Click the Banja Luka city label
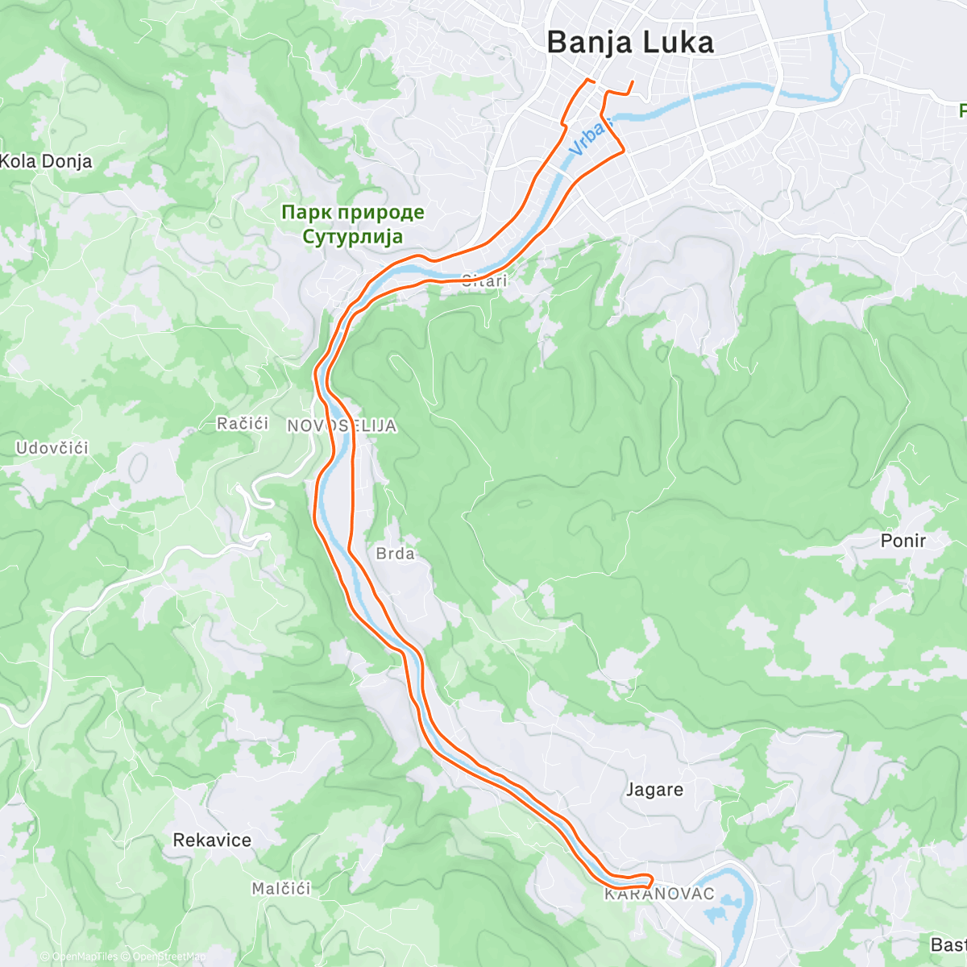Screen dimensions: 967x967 point(630,43)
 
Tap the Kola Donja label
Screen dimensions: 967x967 point(46,161)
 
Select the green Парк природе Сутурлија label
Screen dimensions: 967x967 point(352,224)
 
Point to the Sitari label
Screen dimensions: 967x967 point(484,281)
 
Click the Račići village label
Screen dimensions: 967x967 point(243,424)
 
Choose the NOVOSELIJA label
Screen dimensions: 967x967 point(342,426)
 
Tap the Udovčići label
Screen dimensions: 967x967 point(52,448)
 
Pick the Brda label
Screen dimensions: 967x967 point(395,554)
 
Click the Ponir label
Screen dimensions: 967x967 point(903,541)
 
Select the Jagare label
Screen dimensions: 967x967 point(654,790)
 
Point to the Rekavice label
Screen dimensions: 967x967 point(212,840)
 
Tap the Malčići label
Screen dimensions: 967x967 point(280,889)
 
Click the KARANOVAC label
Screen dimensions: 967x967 point(659,894)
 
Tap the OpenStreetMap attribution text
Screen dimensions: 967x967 point(164,957)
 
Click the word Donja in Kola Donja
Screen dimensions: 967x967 point(67,161)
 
